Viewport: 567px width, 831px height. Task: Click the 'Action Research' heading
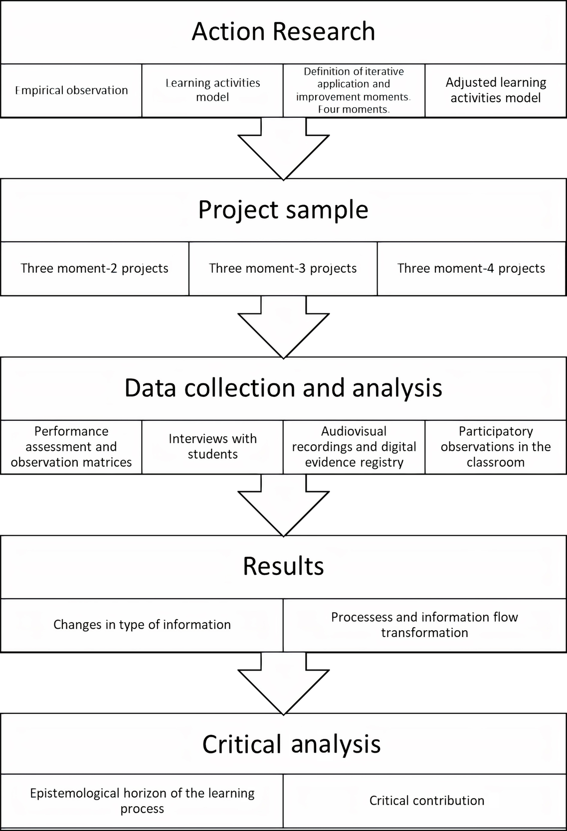[x=283, y=31]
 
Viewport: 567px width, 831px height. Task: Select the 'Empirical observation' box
[x=71, y=90]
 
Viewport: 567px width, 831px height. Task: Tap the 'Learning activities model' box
[x=212, y=90]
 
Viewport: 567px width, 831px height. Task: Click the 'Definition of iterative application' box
[x=354, y=90]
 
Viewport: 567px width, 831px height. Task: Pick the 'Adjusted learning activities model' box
[x=496, y=90]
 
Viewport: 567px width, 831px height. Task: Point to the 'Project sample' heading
[x=283, y=209]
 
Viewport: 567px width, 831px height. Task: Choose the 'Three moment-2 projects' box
[x=95, y=268]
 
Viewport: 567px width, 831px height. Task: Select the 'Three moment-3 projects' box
[x=283, y=268]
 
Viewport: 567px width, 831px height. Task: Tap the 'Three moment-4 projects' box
[x=471, y=268]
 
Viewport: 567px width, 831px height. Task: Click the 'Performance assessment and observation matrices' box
[x=71, y=447]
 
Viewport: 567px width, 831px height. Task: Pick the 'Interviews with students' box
[x=212, y=447]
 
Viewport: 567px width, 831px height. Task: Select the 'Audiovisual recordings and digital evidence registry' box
[x=354, y=447]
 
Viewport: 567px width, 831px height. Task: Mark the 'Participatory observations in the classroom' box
[x=496, y=447]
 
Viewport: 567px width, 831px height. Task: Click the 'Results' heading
[x=283, y=566]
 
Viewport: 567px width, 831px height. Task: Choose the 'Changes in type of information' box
[x=142, y=625]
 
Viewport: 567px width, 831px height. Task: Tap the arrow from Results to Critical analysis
[x=283, y=684]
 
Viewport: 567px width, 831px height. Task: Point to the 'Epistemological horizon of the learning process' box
[x=142, y=801]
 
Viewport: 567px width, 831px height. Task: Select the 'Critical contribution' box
[x=426, y=801]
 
